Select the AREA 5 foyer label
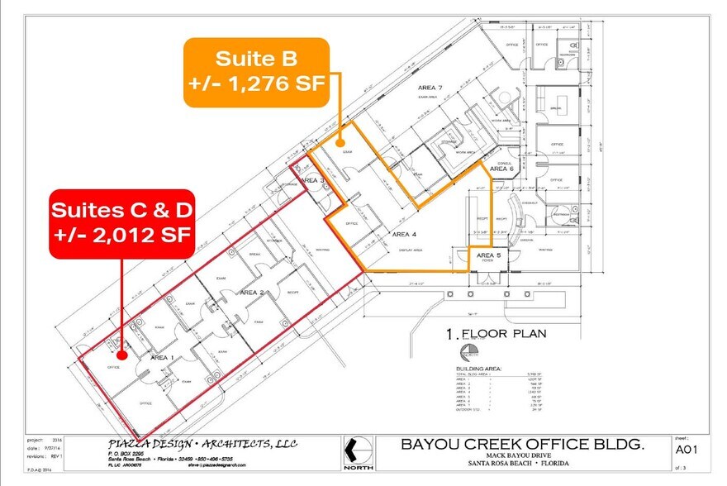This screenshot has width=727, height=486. (487, 256)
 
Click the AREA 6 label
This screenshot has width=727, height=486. (501, 169)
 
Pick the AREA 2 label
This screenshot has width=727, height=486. (251, 293)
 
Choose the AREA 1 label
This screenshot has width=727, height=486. (162, 357)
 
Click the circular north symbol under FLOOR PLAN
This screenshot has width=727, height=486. (468, 354)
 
